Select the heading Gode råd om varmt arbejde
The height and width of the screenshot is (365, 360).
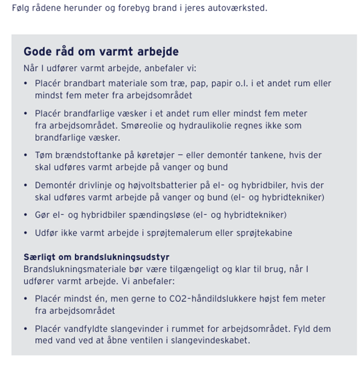pyautogui.click(x=101, y=52)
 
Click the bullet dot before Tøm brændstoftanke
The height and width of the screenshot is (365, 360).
pyautogui.click(x=26, y=156)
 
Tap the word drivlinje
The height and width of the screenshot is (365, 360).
pyautogui.click(x=98, y=185)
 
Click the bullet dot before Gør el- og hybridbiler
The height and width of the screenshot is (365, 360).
pyautogui.click(x=26, y=215)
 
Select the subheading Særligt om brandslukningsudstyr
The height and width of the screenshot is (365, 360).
pyautogui.click(x=96, y=257)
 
